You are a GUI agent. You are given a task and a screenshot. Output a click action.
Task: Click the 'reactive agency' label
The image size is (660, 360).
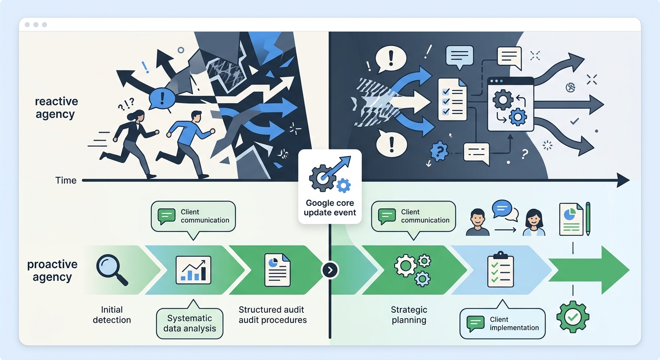pyautogui.click(x=56, y=108)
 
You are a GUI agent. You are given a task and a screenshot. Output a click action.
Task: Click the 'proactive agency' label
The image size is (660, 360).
pyautogui.click(x=52, y=270)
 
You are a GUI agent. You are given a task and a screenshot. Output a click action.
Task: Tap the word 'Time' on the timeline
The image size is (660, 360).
pyautogui.click(x=66, y=180)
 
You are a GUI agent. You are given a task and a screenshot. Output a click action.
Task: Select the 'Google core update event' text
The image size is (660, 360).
pyautogui.click(x=330, y=208)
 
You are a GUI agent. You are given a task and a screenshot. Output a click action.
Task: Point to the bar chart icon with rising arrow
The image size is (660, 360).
pyautogui.click(x=193, y=270)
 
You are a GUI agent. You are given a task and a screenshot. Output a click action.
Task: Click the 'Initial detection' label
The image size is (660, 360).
pyautogui.click(x=112, y=315)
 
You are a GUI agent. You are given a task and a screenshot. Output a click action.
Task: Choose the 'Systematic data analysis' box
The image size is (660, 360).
pyautogui.click(x=189, y=323)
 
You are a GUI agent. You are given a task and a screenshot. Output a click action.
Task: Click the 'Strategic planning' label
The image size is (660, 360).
pyautogui.click(x=409, y=315)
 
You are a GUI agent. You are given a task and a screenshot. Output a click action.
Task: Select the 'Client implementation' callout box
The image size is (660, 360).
pyautogui.click(x=502, y=323)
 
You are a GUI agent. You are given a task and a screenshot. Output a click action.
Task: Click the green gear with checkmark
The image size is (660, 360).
pyautogui.click(x=572, y=317)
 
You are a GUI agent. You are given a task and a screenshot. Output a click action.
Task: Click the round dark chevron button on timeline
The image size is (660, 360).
pyautogui.click(x=330, y=270)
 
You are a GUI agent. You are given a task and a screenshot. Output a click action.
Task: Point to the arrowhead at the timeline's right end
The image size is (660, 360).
pyautogui.click(x=622, y=180)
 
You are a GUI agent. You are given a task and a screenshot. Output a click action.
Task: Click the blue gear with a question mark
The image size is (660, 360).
pyautogui.click(x=439, y=151)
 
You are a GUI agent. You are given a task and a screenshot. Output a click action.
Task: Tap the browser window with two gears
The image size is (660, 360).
pyautogui.click(x=510, y=104)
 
